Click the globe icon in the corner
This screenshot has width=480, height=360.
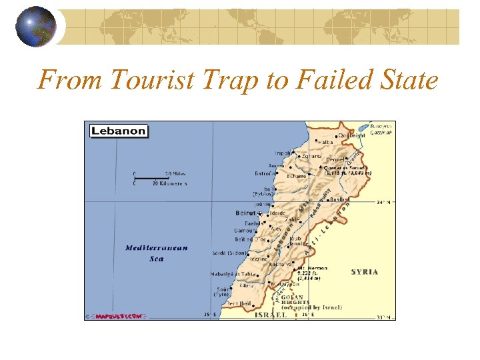coord(36,26)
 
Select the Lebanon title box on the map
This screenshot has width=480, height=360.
coord(118,130)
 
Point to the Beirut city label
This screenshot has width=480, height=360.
coord(245,213)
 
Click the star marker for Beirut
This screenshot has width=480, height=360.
coord(259,214)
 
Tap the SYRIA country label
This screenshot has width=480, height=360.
coord(365,272)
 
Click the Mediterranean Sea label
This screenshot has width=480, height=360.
coord(157,253)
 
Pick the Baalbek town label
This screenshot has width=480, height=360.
coord(340,199)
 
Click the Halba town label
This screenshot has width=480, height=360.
coord(326,143)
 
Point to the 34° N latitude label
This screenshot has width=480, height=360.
coord(386,202)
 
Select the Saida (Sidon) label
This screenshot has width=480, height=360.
coord(230,254)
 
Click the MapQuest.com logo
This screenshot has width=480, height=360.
coord(117,315)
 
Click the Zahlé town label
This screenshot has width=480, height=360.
coord(293,219)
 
